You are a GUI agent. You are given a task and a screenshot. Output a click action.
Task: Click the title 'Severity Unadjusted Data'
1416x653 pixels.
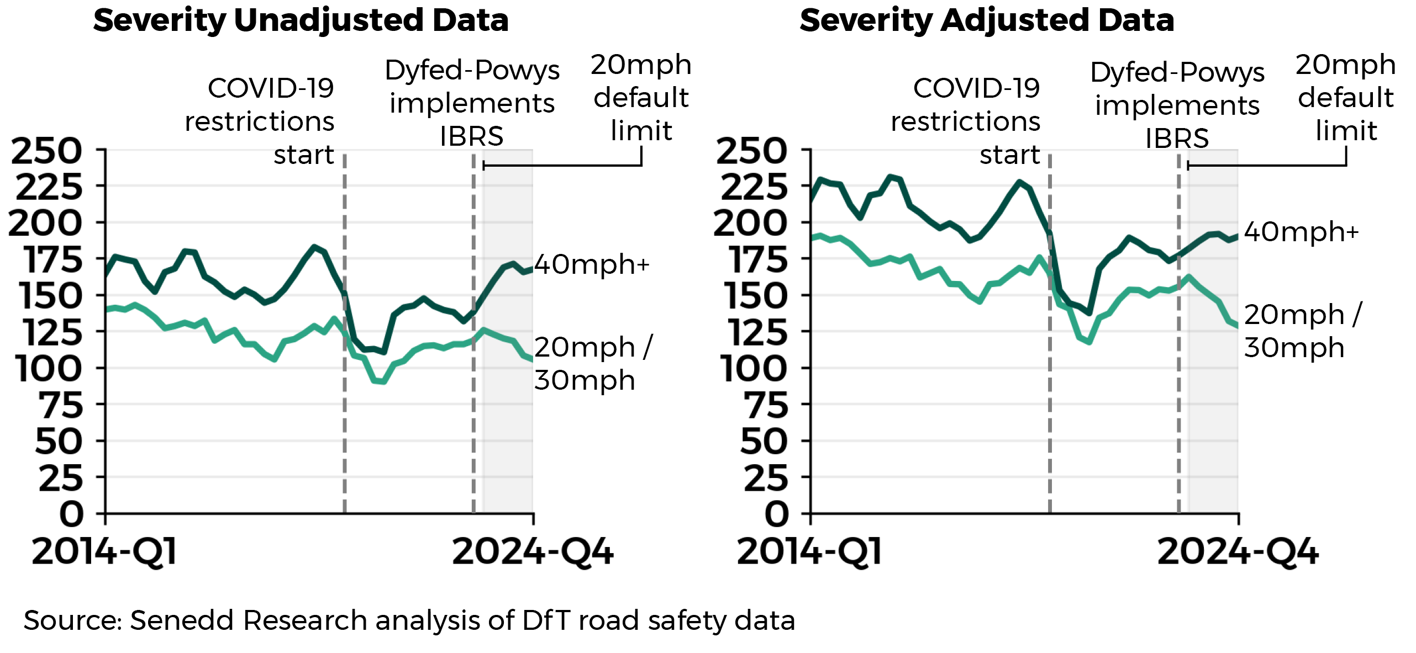pos(301,21)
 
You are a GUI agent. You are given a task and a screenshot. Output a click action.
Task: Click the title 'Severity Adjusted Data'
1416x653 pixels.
pos(987,21)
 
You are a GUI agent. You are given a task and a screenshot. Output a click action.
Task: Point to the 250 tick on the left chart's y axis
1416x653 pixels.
pos(46,151)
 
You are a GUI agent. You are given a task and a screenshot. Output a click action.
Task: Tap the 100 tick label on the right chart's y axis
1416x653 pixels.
pos(754,368)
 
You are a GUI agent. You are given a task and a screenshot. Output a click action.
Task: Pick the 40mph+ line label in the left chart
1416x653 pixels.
pos(591,264)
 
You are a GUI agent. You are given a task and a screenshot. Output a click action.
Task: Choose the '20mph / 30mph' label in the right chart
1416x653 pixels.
pos(1303,331)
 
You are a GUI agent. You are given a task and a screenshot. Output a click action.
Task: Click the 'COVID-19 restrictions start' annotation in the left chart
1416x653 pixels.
pos(260,121)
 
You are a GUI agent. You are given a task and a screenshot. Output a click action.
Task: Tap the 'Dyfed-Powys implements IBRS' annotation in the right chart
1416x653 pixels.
pos(1177,105)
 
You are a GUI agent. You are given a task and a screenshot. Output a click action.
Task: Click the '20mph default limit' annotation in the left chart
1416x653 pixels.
pos(641,98)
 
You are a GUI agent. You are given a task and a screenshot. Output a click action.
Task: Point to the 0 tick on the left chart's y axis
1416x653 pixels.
pos(72,514)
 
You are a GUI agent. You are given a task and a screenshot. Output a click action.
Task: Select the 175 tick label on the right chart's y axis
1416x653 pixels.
pos(758,259)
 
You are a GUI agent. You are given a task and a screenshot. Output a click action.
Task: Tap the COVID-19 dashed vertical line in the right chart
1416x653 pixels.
pos(1050,386)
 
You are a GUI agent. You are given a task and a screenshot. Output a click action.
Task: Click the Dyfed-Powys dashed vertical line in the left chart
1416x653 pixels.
pos(473,414)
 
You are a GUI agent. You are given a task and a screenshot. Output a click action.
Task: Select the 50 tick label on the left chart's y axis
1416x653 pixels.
pos(59,441)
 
